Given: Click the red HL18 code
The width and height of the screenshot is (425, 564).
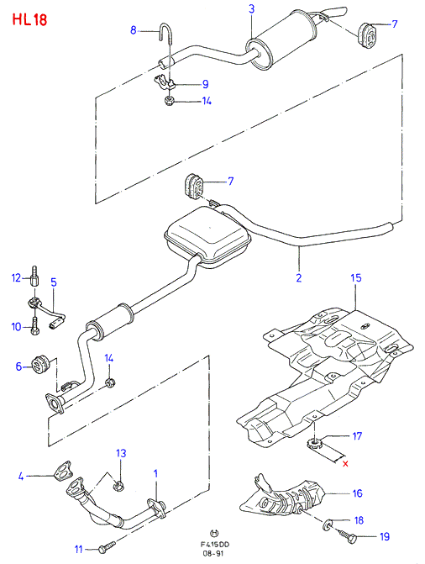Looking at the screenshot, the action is point(29,20).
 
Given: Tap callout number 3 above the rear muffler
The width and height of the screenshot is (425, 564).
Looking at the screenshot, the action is point(251,8).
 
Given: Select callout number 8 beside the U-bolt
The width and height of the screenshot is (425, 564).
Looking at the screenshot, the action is point(134,30).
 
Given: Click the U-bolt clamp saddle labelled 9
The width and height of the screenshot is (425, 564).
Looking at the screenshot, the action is point(164,82).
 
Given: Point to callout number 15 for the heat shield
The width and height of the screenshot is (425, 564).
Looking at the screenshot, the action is point(356,277).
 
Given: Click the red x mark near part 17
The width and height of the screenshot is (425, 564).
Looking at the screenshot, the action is point(345,464).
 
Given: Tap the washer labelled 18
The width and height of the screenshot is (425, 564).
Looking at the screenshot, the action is point(328,525).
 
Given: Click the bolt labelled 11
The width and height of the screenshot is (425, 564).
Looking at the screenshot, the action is point(107,546).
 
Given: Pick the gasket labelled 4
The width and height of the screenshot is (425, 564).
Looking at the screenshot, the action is point(62,471).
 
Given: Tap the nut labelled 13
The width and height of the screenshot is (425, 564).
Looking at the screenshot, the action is point(119,487).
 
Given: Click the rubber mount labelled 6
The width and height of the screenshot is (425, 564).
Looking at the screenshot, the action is point(40,365).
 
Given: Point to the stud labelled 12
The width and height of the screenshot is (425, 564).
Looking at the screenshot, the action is point(34,275).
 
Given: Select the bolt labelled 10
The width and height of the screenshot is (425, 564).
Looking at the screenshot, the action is point(34,326).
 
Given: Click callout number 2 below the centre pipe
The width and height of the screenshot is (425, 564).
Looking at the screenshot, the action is point(299,277).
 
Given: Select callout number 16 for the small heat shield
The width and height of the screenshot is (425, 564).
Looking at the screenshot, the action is point(358,493).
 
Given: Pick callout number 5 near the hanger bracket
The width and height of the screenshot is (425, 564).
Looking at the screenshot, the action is point(54,282).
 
